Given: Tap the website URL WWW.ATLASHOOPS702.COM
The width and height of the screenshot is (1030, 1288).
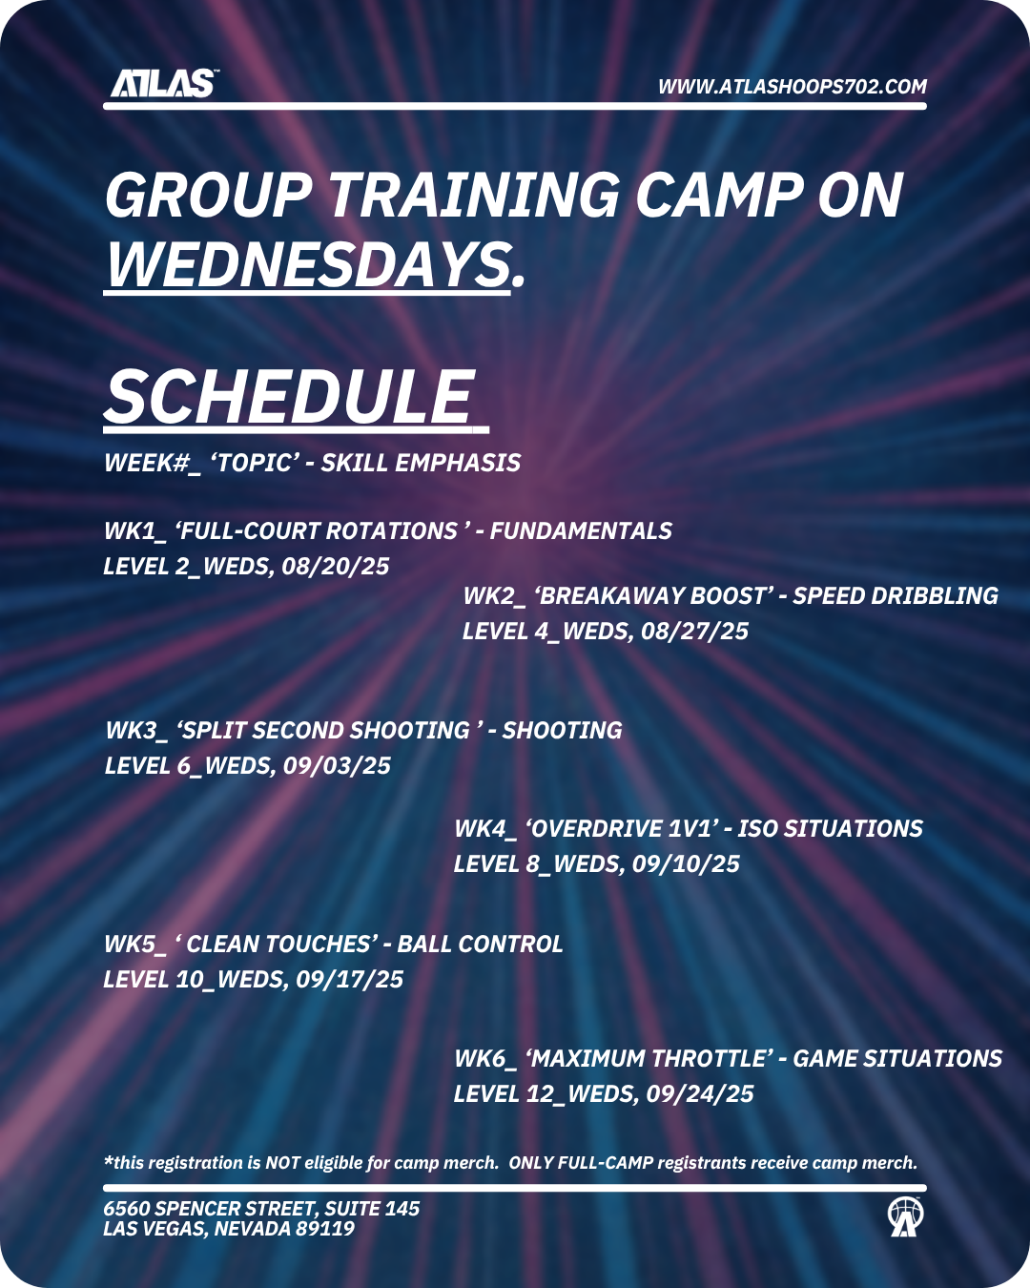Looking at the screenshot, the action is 793,87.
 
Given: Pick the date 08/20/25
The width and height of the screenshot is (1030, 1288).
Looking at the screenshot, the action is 335,566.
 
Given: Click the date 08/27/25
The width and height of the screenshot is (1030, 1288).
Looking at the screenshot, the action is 694,632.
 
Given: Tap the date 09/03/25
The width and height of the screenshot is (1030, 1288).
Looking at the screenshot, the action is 337,766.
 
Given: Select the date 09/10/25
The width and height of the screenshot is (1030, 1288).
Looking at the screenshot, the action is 686,864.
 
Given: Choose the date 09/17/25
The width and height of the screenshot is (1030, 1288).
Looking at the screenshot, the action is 349,980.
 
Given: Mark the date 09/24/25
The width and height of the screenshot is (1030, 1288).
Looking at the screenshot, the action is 700,1094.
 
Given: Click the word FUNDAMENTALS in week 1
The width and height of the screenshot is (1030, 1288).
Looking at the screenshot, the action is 581,530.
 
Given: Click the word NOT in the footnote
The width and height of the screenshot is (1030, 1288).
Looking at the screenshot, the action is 278,1163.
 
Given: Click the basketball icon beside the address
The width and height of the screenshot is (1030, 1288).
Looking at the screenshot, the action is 905,1216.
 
